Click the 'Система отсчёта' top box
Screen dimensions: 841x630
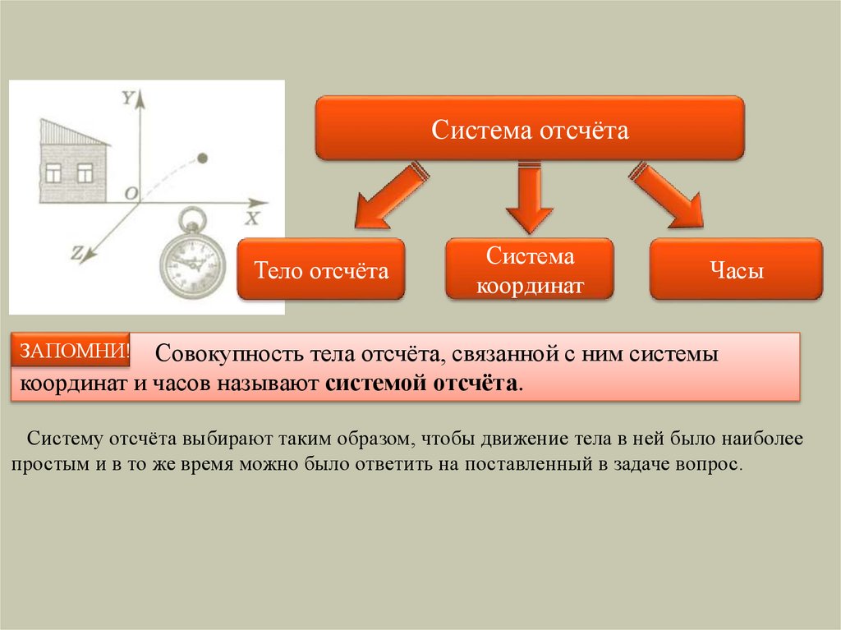530,128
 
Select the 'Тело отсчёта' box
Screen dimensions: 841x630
321,269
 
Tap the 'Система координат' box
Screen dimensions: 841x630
529,269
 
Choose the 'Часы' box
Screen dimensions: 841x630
736,269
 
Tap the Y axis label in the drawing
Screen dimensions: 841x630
127,98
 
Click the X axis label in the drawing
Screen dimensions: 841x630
251,218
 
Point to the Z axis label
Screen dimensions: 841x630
76,255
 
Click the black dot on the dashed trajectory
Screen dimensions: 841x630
204,157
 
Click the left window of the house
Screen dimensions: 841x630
53,172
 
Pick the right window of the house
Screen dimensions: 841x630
85,172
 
